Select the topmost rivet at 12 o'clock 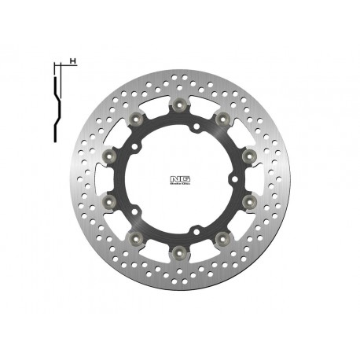[x=180, y=105]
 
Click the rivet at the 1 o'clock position [x=223, y=119]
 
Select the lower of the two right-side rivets [x=250, y=201]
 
